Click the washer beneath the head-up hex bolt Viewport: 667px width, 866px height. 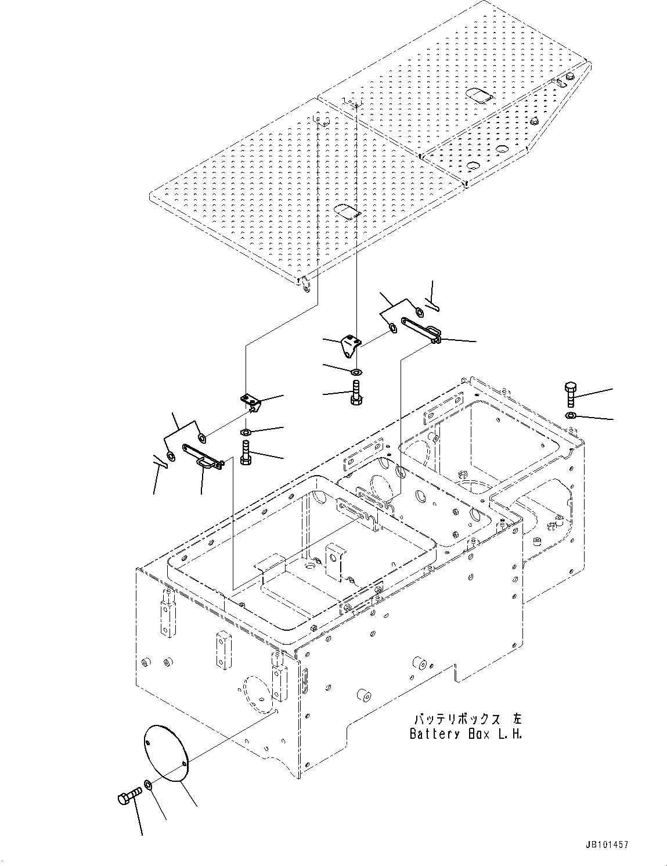(570, 415)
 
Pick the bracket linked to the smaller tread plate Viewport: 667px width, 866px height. (351, 346)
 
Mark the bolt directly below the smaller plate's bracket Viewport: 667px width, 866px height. (356, 394)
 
